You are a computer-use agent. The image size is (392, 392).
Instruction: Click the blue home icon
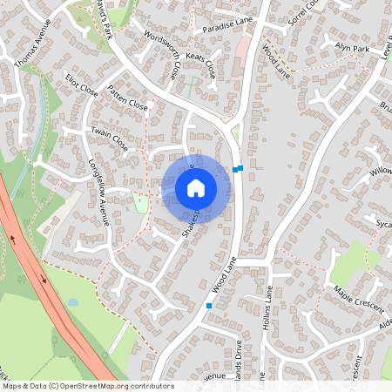tap(195, 188)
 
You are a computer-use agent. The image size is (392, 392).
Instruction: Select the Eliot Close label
tap(82, 89)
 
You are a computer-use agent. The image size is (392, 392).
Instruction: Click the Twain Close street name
tap(110, 139)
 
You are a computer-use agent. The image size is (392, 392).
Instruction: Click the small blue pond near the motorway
tap(72, 302)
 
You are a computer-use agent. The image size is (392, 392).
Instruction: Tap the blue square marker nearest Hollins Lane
tap(209, 305)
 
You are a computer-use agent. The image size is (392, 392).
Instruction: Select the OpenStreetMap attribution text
tap(87, 385)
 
